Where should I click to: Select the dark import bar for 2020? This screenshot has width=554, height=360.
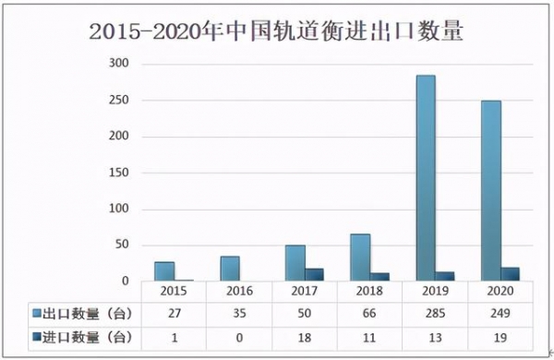click(x=510, y=274)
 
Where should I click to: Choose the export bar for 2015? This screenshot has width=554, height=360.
click(x=164, y=271)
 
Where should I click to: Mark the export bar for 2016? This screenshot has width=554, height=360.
click(x=229, y=269)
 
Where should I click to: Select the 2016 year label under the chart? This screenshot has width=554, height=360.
click(x=239, y=292)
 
